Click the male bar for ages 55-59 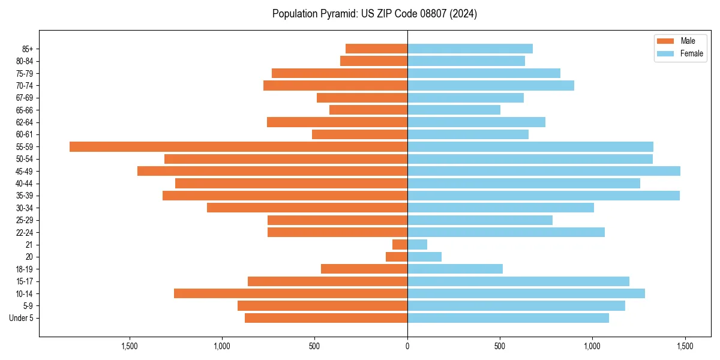coord(238,146)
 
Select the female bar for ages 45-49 coord(544,171)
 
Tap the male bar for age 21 coord(400,244)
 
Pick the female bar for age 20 coord(424,257)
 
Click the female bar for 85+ coord(470,49)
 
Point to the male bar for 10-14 coord(290,293)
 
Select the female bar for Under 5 coord(508,318)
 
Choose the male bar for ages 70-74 coord(335,85)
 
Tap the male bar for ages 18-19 coord(364,269)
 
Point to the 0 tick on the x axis coord(407,346)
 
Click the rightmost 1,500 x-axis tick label coord(685,346)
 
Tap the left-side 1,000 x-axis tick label coord(222,346)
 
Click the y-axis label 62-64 coord(25,122)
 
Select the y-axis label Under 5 coord(21,318)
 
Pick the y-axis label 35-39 coord(25,196)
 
